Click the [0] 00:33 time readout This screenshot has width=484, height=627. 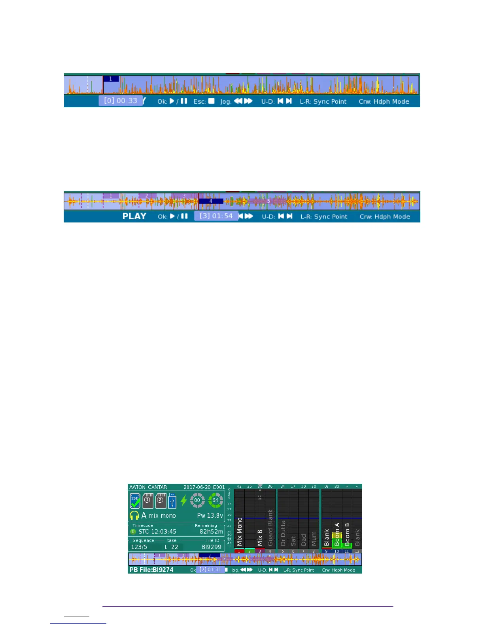click(121, 101)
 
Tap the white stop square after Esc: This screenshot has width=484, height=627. click(212, 101)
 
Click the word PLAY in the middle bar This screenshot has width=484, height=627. click(134, 216)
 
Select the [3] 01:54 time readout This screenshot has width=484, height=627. click(216, 216)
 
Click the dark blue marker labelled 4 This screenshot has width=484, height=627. click(211, 201)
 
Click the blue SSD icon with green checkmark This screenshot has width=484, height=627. click(135, 500)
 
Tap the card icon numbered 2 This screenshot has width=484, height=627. click(160, 500)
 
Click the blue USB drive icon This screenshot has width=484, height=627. click(172, 500)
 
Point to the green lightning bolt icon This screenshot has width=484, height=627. click(183, 500)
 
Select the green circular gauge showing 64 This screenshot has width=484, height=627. click(216, 500)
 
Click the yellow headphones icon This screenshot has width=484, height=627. click(134, 515)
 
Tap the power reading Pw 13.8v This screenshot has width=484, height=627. click(210, 515)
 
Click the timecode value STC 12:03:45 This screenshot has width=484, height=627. click(157, 532)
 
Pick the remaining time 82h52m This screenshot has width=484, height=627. click(211, 532)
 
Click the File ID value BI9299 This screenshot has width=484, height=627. click(212, 547)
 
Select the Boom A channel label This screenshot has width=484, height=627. click(337, 534)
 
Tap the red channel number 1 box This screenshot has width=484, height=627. click(239, 551)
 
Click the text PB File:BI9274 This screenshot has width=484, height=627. click(151, 570)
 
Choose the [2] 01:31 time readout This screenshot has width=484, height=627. click(210, 570)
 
